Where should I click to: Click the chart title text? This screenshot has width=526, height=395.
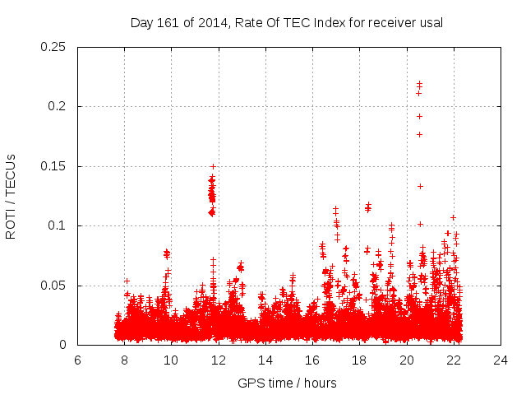tap(287, 22)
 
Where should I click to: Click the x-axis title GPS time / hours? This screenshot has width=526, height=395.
tap(287, 383)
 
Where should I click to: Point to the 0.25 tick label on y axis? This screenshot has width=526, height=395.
tap(54, 47)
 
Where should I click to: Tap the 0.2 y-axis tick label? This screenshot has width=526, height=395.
tap(58, 107)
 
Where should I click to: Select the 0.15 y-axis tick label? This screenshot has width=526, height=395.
tap(54, 166)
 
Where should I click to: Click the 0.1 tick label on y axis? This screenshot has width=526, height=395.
tap(58, 226)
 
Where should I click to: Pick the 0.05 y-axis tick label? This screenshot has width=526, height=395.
tap(54, 286)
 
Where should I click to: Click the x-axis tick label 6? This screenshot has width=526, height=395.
tap(77, 360)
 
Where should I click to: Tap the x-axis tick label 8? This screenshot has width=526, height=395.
tap(124, 360)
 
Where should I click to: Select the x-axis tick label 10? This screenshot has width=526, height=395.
tap(171, 360)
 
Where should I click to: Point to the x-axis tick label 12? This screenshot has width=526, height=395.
tap(219, 360)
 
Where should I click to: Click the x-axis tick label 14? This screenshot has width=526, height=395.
tap(265, 360)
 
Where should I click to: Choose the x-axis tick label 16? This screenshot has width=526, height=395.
tap(312, 360)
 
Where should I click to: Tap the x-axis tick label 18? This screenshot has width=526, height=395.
tap(359, 360)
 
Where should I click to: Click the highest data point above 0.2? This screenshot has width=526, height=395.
tap(419, 83)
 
